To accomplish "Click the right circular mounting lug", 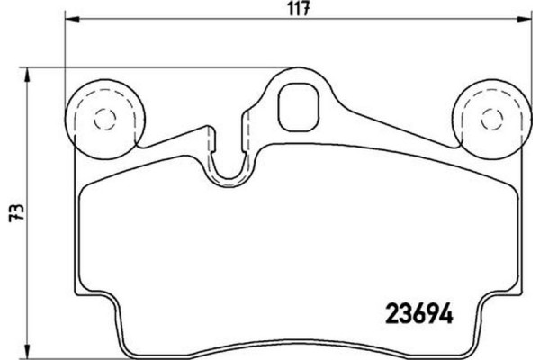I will [x=491, y=118].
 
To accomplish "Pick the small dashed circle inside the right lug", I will [x=491, y=118].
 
